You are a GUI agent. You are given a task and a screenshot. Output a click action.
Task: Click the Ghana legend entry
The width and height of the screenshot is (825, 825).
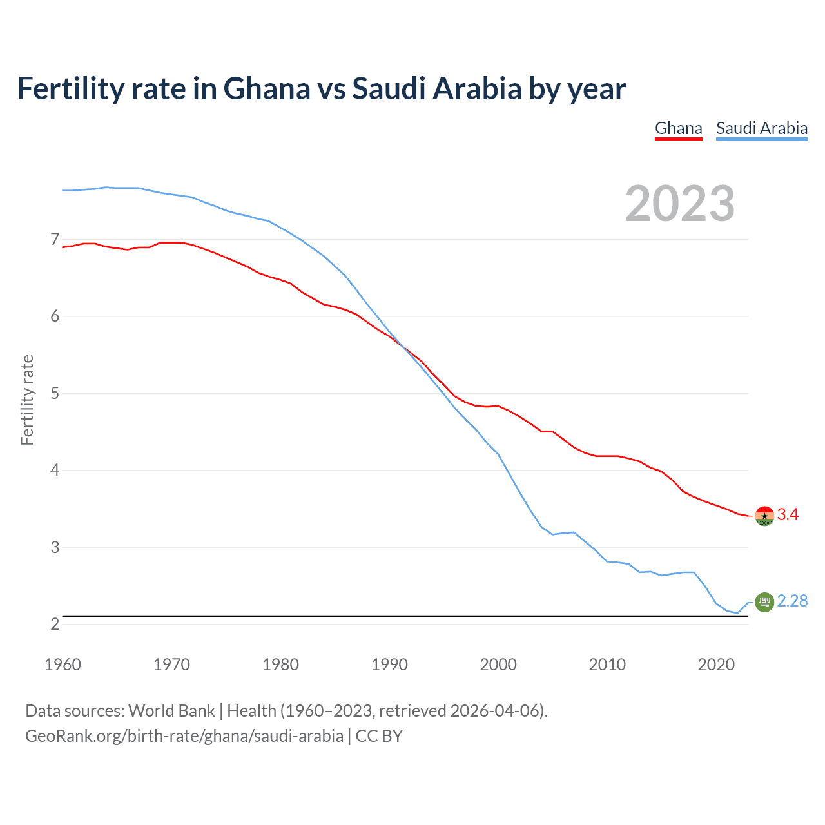pyautogui.click(x=678, y=128)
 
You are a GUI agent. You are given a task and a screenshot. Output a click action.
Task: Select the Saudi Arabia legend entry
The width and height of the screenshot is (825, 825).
pyautogui.click(x=762, y=128)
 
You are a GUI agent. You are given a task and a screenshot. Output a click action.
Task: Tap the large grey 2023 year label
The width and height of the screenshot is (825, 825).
pyautogui.click(x=680, y=204)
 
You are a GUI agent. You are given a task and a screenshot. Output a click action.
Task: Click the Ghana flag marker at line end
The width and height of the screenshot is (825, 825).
pyautogui.click(x=764, y=516)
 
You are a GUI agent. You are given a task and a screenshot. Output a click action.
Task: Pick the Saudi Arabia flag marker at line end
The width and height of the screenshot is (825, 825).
pyautogui.click(x=764, y=602)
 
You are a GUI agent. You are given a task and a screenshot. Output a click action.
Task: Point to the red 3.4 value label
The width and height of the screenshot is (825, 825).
pyautogui.click(x=788, y=514)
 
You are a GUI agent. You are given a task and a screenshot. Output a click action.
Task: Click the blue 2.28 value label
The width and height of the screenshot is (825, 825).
pyautogui.click(x=792, y=601)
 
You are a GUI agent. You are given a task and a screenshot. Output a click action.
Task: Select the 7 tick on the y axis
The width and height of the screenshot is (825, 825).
pyautogui.click(x=55, y=240)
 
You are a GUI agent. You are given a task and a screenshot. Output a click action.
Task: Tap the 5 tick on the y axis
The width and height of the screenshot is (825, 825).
pyautogui.click(x=55, y=393)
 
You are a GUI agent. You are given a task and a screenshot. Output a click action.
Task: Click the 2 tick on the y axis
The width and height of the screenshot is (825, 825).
pyautogui.click(x=55, y=624)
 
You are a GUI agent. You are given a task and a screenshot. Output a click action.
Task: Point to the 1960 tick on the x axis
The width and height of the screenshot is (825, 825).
pyautogui.click(x=63, y=665)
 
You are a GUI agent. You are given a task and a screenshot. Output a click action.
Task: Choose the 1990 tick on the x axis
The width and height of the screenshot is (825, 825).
pyautogui.click(x=389, y=665)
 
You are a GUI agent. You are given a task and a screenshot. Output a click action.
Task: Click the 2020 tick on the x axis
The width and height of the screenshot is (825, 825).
pyautogui.click(x=716, y=665)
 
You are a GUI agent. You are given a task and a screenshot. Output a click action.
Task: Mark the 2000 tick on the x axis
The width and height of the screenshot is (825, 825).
pyautogui.click(x=498, y=665)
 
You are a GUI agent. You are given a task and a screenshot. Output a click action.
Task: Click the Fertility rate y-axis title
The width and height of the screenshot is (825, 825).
pyautogui.click(x=27, y=400)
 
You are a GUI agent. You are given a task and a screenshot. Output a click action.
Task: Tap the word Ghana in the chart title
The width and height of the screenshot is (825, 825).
pyautogui.click(x=267, y=89)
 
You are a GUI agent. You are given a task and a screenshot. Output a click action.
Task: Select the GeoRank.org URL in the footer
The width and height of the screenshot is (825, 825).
pyautogui.click(x=184, y=736)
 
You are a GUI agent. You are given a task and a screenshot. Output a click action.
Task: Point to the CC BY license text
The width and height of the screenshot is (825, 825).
pyautogui.click(x=379, y=736)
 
